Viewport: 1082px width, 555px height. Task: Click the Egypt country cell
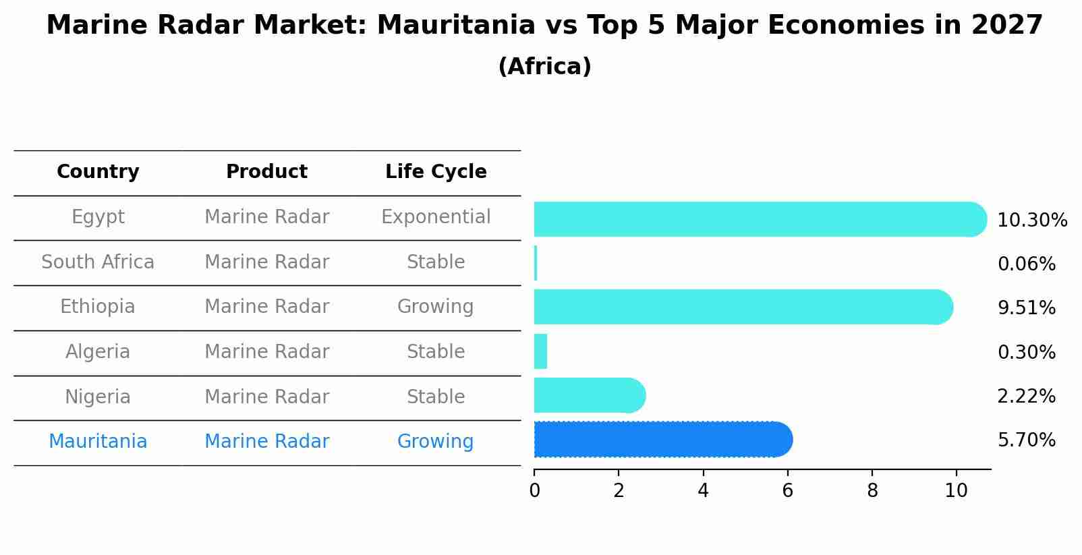[98, 217]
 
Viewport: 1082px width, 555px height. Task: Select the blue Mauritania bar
[661, 440]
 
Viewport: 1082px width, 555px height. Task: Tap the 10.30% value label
[1032, 221]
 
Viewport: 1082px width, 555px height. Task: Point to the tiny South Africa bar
[536, 263]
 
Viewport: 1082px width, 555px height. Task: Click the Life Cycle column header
[436, 172]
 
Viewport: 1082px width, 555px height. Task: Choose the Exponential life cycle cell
[436, 217]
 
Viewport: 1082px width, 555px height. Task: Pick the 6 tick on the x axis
[787, 490]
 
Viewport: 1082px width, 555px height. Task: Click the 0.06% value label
[1026, 264]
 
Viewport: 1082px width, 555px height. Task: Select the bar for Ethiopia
[742, 307]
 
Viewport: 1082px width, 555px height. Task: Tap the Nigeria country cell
[98, 397]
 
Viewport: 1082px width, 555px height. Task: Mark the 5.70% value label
[1026, 440]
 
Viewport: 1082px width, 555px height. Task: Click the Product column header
[266, 172]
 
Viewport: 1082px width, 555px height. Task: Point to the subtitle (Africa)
[544, 67]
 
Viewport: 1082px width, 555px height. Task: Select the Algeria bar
[540, 351]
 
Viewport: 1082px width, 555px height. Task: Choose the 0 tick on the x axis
[534, 490]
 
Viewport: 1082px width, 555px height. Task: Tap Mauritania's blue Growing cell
[435, 442]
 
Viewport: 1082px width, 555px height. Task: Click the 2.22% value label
[1026, 397]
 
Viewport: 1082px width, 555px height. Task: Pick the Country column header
[98, 172]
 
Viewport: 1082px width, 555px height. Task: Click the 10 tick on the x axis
[956, 490]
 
